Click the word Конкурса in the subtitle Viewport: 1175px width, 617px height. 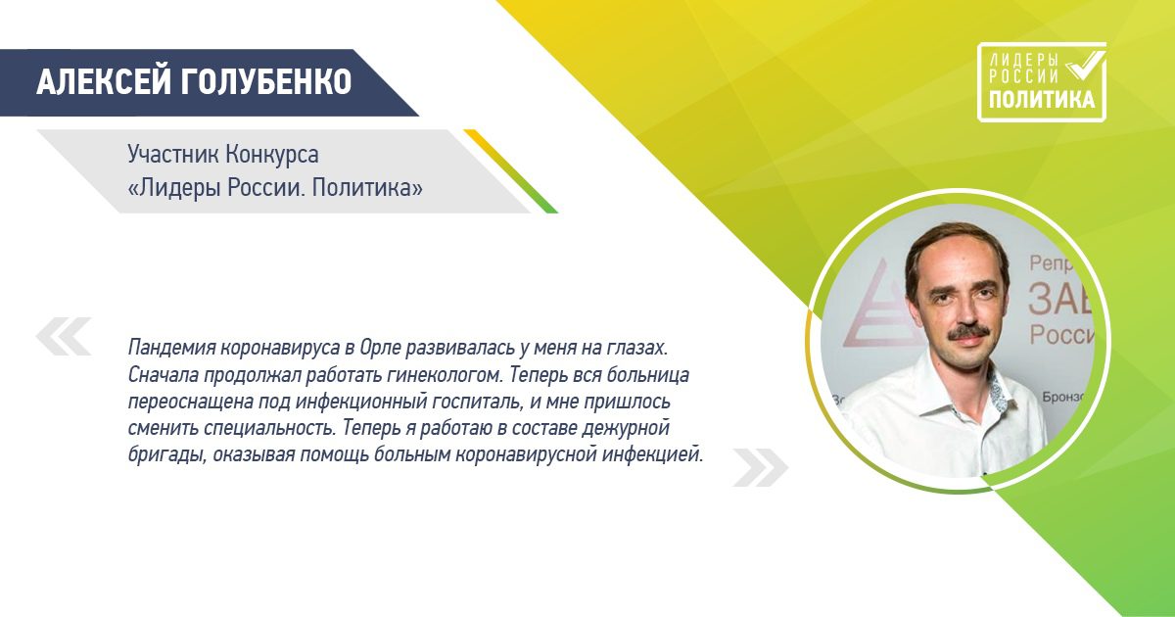pos(272,155)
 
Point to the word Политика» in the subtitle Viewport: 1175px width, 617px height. pos(368,188)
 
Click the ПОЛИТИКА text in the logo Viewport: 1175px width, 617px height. pos(1042,99)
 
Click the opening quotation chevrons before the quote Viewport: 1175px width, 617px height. pos(64,336)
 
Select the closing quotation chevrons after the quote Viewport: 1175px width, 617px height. pos(760,467)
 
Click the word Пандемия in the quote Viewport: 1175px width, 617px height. pos(167,349)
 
